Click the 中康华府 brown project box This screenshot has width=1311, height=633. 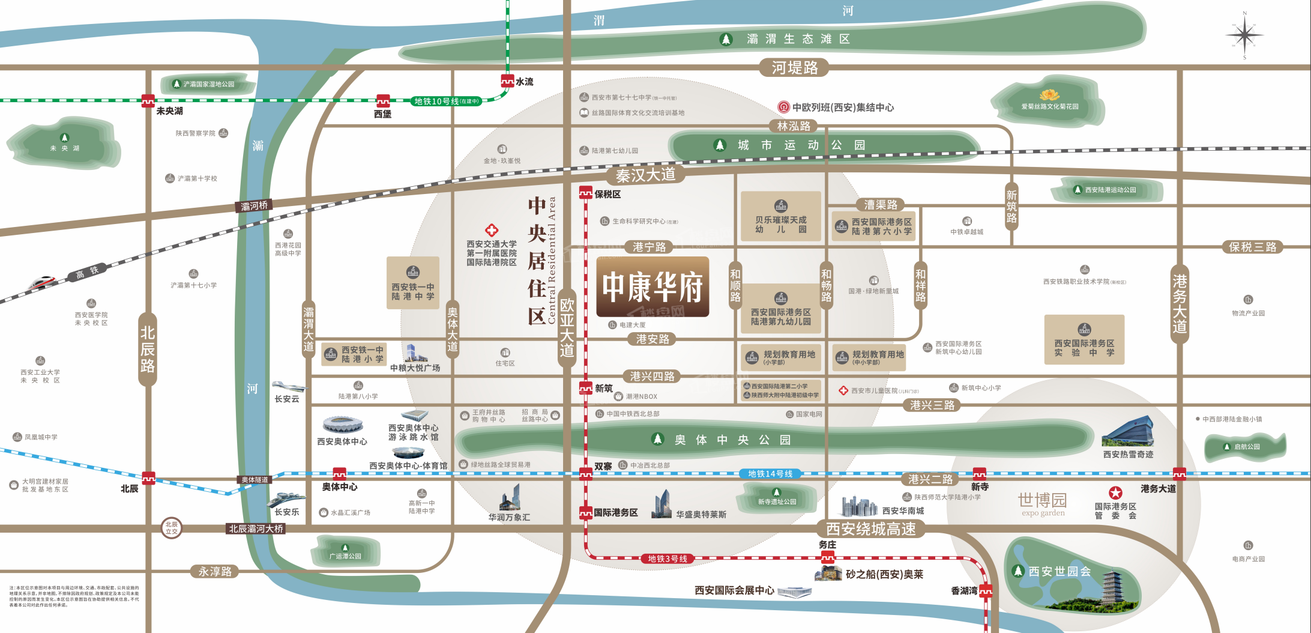(652, 286)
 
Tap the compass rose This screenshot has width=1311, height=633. (1244, 35)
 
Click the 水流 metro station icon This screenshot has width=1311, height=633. (507, 81)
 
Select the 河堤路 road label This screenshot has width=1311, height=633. (794, 68)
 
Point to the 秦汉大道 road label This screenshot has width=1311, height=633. (645, 175)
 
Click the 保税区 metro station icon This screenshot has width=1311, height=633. (586, 193)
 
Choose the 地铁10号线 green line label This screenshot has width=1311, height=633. (447, 101)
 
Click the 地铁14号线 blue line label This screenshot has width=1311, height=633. (770, 474)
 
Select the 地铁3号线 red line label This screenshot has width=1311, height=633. (667, 559)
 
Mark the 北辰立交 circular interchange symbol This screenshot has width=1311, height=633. (172, 528)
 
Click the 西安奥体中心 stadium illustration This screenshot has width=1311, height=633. (343, 425)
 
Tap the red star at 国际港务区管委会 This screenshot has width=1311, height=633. (1115, 493)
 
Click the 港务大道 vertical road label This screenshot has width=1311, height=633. (1180, 303)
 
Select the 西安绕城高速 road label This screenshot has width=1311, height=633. (870, 529)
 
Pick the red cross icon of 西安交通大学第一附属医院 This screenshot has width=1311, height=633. (492, 230)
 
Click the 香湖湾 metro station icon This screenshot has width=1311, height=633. (986, 590)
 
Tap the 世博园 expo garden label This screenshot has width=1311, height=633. (1042, 503)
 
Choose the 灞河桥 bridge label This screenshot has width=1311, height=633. (254, 206)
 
